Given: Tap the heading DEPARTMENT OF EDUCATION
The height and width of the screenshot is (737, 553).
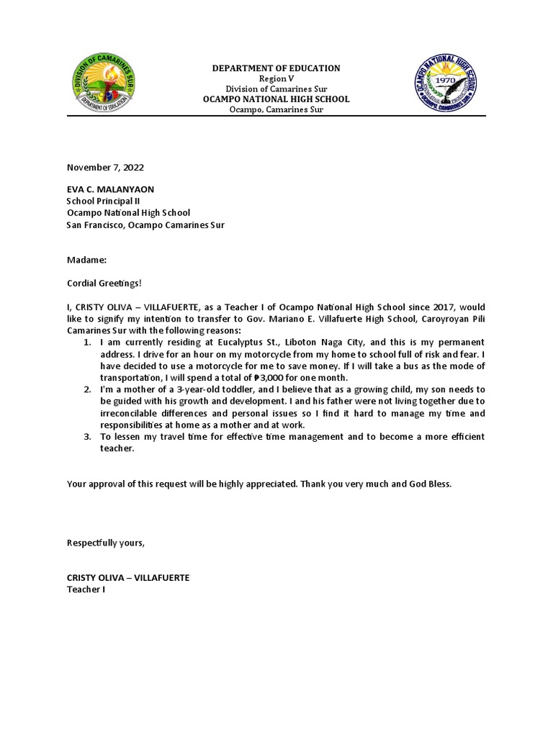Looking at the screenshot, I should [x=275, y=68].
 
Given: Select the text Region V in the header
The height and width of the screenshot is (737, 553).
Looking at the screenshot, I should [x=275, y=78].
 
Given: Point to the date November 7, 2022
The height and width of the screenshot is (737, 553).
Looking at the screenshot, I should [x=105, y=167].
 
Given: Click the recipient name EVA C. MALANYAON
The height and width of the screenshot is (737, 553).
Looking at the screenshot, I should [x=110, y=189].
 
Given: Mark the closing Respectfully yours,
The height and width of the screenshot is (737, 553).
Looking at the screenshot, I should [x=106, y=543].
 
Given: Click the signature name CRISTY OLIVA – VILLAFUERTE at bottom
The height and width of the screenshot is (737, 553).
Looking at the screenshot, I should [x=128, y=578].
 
